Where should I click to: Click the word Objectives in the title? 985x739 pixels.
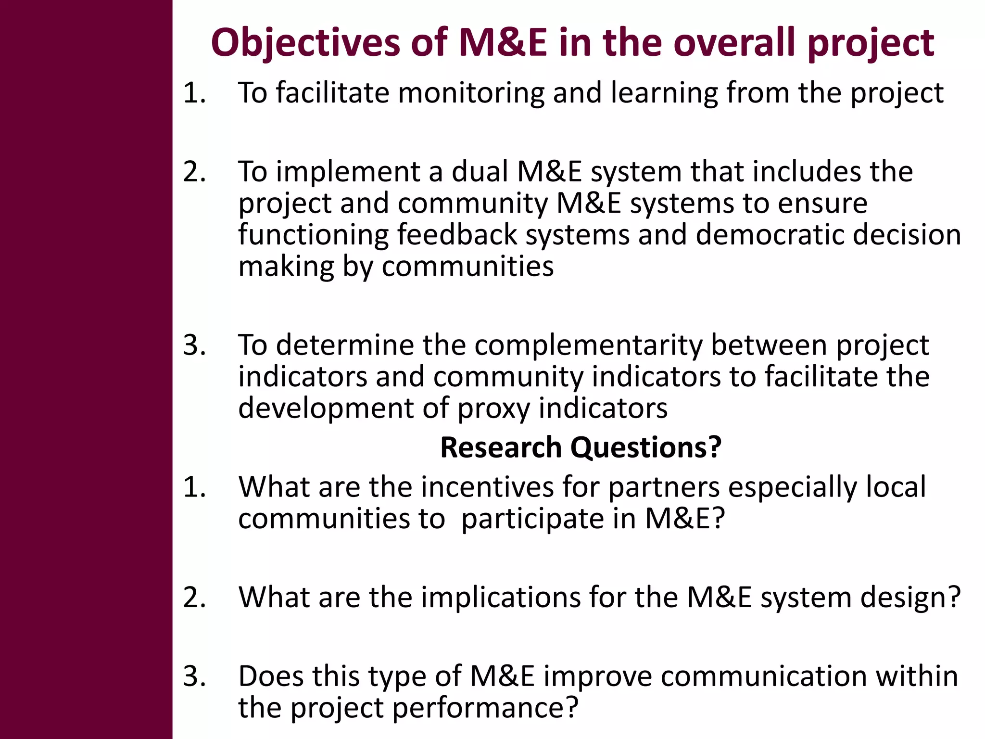point(305,43)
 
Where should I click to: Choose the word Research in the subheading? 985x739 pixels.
point(501,447)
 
